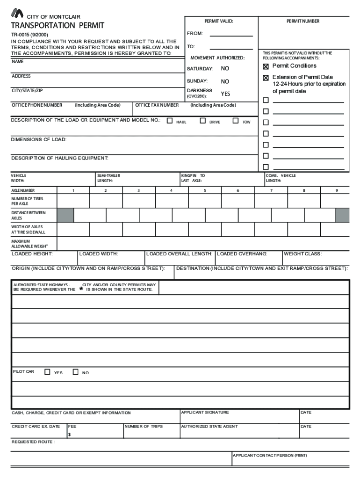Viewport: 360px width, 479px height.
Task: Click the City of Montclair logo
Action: pyautogui.click(x=17, y=14)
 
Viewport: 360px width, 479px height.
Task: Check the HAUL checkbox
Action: pyautogui.click(x=170, y=121)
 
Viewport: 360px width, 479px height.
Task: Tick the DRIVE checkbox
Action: pyautogui.click(x=202, y=121)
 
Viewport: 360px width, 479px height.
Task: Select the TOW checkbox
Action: pyautogui.click(x=236, y=121)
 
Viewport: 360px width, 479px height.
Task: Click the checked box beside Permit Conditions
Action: pyautogui.click(x=266, y=66)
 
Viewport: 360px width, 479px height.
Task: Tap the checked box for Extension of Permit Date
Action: pyautogui.click(x=266, y=78)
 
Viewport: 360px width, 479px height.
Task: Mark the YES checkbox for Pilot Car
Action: pyautogui.click(x=47, y=372)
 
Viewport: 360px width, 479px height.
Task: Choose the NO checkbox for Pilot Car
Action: pyautogui.click(x=76, y=372)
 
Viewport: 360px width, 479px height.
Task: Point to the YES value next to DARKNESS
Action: pyautogui.click(x=225, y=94)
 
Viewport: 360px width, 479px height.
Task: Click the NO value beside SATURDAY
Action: pyautogui.click(x=225, y=69)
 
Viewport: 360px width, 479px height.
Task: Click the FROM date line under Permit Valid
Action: pyautogui.click(x=231, y=34)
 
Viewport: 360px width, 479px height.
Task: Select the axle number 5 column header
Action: pyautogui.click(x=204, y=190)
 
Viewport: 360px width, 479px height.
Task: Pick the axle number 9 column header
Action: pyautogui.click(x=336, y=190)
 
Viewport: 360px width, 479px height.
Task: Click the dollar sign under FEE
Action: pyautogui.click(x=70, y=435)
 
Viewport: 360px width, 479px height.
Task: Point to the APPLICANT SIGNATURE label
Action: pyautogui.click(x=205, y=413)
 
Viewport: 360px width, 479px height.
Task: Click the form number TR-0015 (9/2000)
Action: pyautogui.click(x=29, y=35)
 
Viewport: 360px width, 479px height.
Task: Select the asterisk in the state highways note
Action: pyautogui.click(x=81, y=289)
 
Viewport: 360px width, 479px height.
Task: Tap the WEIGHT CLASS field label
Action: pyautogui.click(x=302, y=254)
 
